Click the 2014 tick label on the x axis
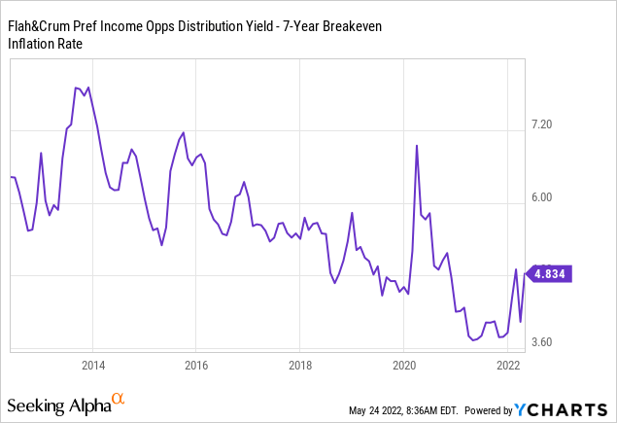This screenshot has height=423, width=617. tap(93, 366)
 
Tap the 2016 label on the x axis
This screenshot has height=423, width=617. tap(195, 366)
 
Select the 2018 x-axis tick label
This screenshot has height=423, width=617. tap(299, 366)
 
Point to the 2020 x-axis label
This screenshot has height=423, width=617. tap(403, 366)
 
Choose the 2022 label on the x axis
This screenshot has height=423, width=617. tap(506, 366)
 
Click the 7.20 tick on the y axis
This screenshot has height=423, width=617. tap(540, 125)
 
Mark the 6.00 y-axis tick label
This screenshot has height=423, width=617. tap(540, 197)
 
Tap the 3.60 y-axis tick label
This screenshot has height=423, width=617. tap(540, 342)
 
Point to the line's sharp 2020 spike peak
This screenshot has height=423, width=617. tap(417, 146)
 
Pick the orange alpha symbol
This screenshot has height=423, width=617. tap(119, 399)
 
